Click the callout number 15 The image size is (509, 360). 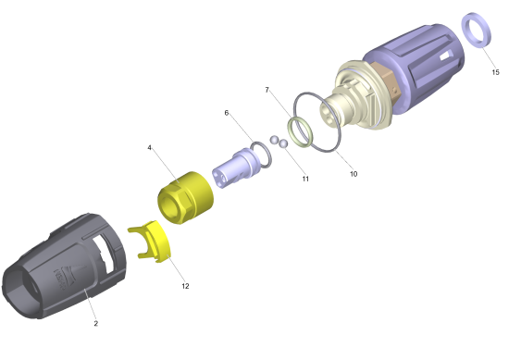click(x=495, y=72)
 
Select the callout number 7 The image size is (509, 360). click(x=267, y=90)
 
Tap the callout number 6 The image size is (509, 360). click(x=226, y=113)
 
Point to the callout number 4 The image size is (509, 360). click(x=149, y=148)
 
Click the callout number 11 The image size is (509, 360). click(x=305, y=179)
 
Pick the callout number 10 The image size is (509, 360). click(x=354, y=174)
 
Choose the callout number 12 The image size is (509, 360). click(x=185, y=286)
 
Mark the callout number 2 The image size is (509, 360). click(x=95, y=323)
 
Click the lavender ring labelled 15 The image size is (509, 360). click(x=468, y=23)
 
